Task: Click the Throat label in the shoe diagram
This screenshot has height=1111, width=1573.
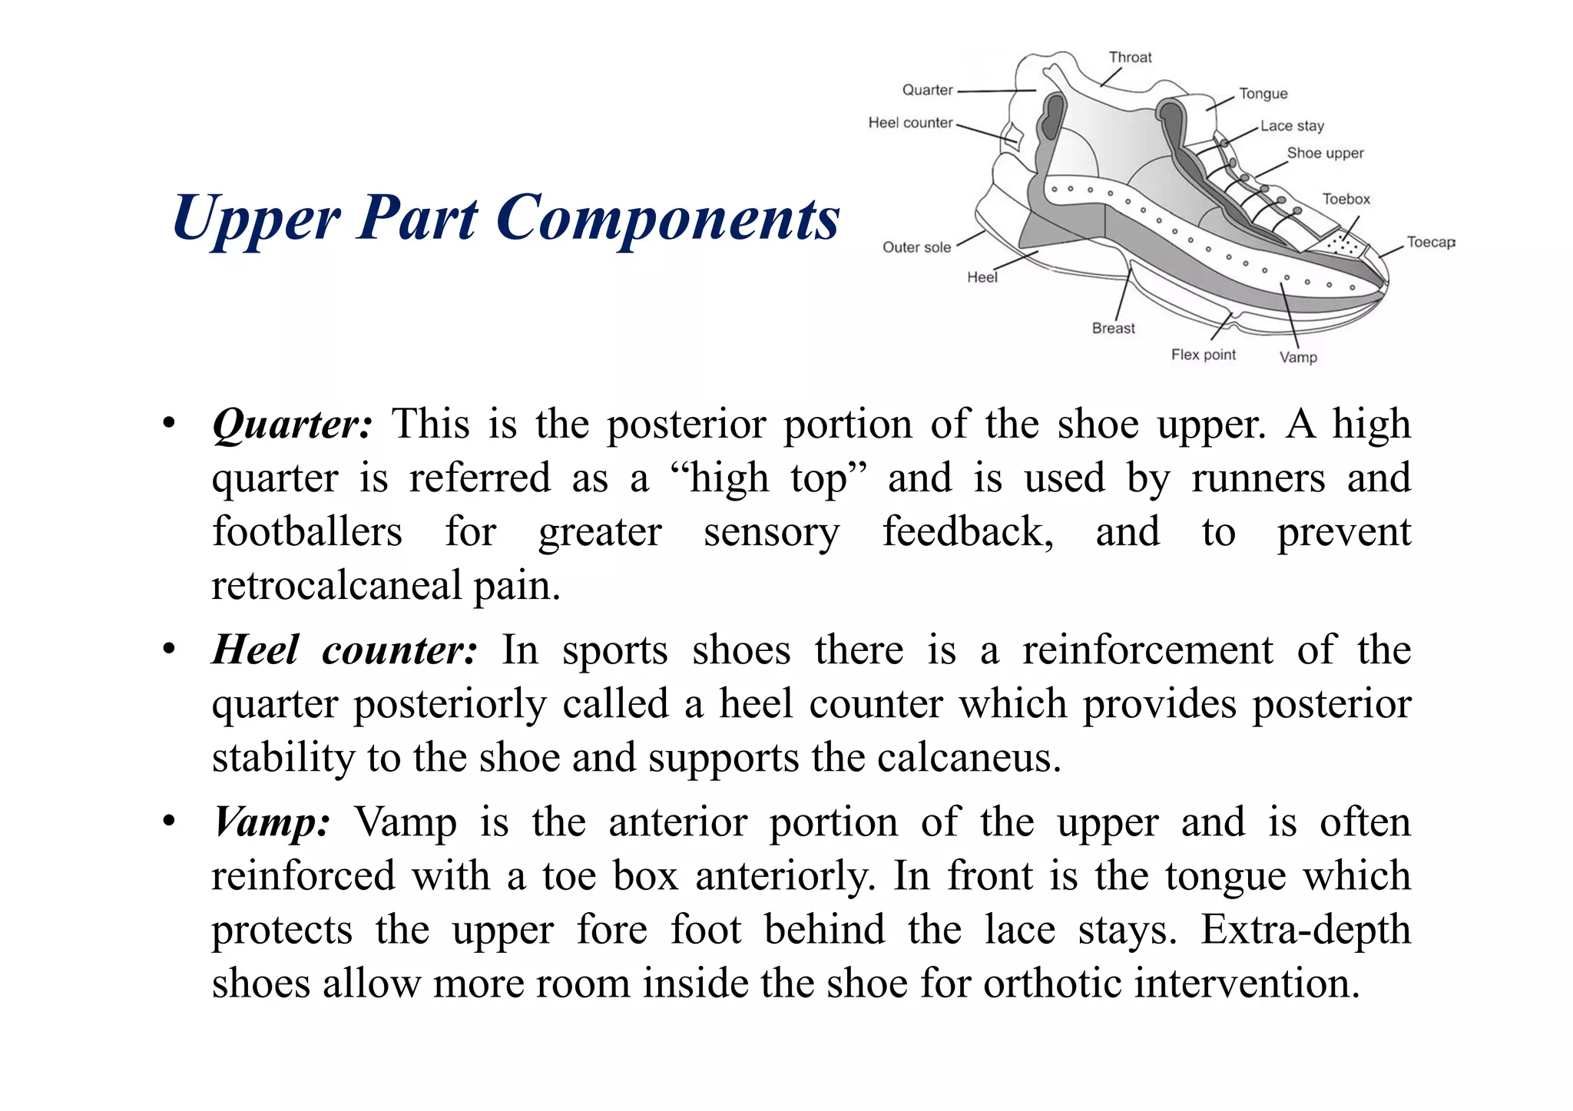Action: coord(1130,58)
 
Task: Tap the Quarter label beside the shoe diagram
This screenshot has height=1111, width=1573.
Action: coord(927,90)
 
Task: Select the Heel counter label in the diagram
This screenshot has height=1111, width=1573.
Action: coord(910,123)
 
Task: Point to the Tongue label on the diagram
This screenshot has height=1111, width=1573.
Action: coord(1263,94)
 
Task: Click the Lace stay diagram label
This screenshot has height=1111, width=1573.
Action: coord(1292,126)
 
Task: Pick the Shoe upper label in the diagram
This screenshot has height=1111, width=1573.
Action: coord(1325,153)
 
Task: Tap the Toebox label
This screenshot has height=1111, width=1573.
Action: coord(1346,199)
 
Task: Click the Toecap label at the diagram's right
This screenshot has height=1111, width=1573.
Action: coord(1430,242)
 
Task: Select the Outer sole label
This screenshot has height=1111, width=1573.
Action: coord(916,247)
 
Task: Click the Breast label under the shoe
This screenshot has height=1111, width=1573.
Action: coord(1113,328)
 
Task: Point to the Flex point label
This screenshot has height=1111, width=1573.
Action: coord(1203,355)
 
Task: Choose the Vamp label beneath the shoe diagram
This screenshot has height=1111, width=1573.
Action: coord(1297,357)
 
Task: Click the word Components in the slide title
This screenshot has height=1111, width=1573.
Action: coord(667,218)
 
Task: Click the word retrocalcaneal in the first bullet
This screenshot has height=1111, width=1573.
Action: coord(336,586)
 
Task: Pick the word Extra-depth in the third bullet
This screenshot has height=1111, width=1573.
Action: coord(1305,930)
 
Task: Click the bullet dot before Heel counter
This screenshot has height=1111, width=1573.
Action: coord(169,650)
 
